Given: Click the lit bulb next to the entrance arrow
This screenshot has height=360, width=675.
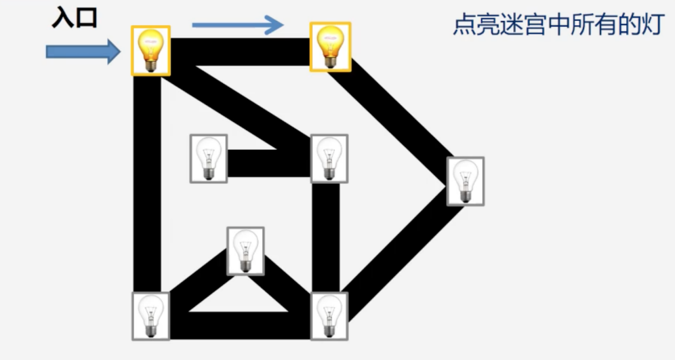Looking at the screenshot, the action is [150, 50].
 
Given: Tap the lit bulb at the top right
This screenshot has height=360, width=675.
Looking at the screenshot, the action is [330, 47].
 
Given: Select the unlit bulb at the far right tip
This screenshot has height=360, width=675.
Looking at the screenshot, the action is [466, 181].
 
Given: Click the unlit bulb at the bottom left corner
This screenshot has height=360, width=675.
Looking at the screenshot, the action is [150, 316].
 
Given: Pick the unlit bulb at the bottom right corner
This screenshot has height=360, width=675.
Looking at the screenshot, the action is [329, 316].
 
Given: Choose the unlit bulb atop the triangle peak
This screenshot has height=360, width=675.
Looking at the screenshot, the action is [245, 251].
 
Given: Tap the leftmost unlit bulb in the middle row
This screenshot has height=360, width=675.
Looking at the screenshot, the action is [209, 159].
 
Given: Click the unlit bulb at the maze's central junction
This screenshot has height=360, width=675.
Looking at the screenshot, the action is [329, 159].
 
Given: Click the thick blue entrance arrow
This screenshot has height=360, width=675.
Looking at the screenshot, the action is [83, 52].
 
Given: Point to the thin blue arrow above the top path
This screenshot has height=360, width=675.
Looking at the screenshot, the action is [238, 24].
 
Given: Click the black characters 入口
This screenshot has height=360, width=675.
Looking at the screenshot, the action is [75, 19].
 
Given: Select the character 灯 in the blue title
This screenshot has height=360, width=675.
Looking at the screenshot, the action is [653, 24].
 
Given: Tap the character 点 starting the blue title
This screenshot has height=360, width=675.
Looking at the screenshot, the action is [465, 24].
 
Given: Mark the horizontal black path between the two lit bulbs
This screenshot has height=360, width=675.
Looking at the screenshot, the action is [240, 52].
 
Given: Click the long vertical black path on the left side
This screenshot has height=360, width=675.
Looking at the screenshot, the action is [147, 184].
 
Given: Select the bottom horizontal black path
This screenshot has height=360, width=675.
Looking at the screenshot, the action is [240, 325].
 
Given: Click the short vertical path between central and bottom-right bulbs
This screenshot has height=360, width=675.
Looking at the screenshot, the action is [325, 238].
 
